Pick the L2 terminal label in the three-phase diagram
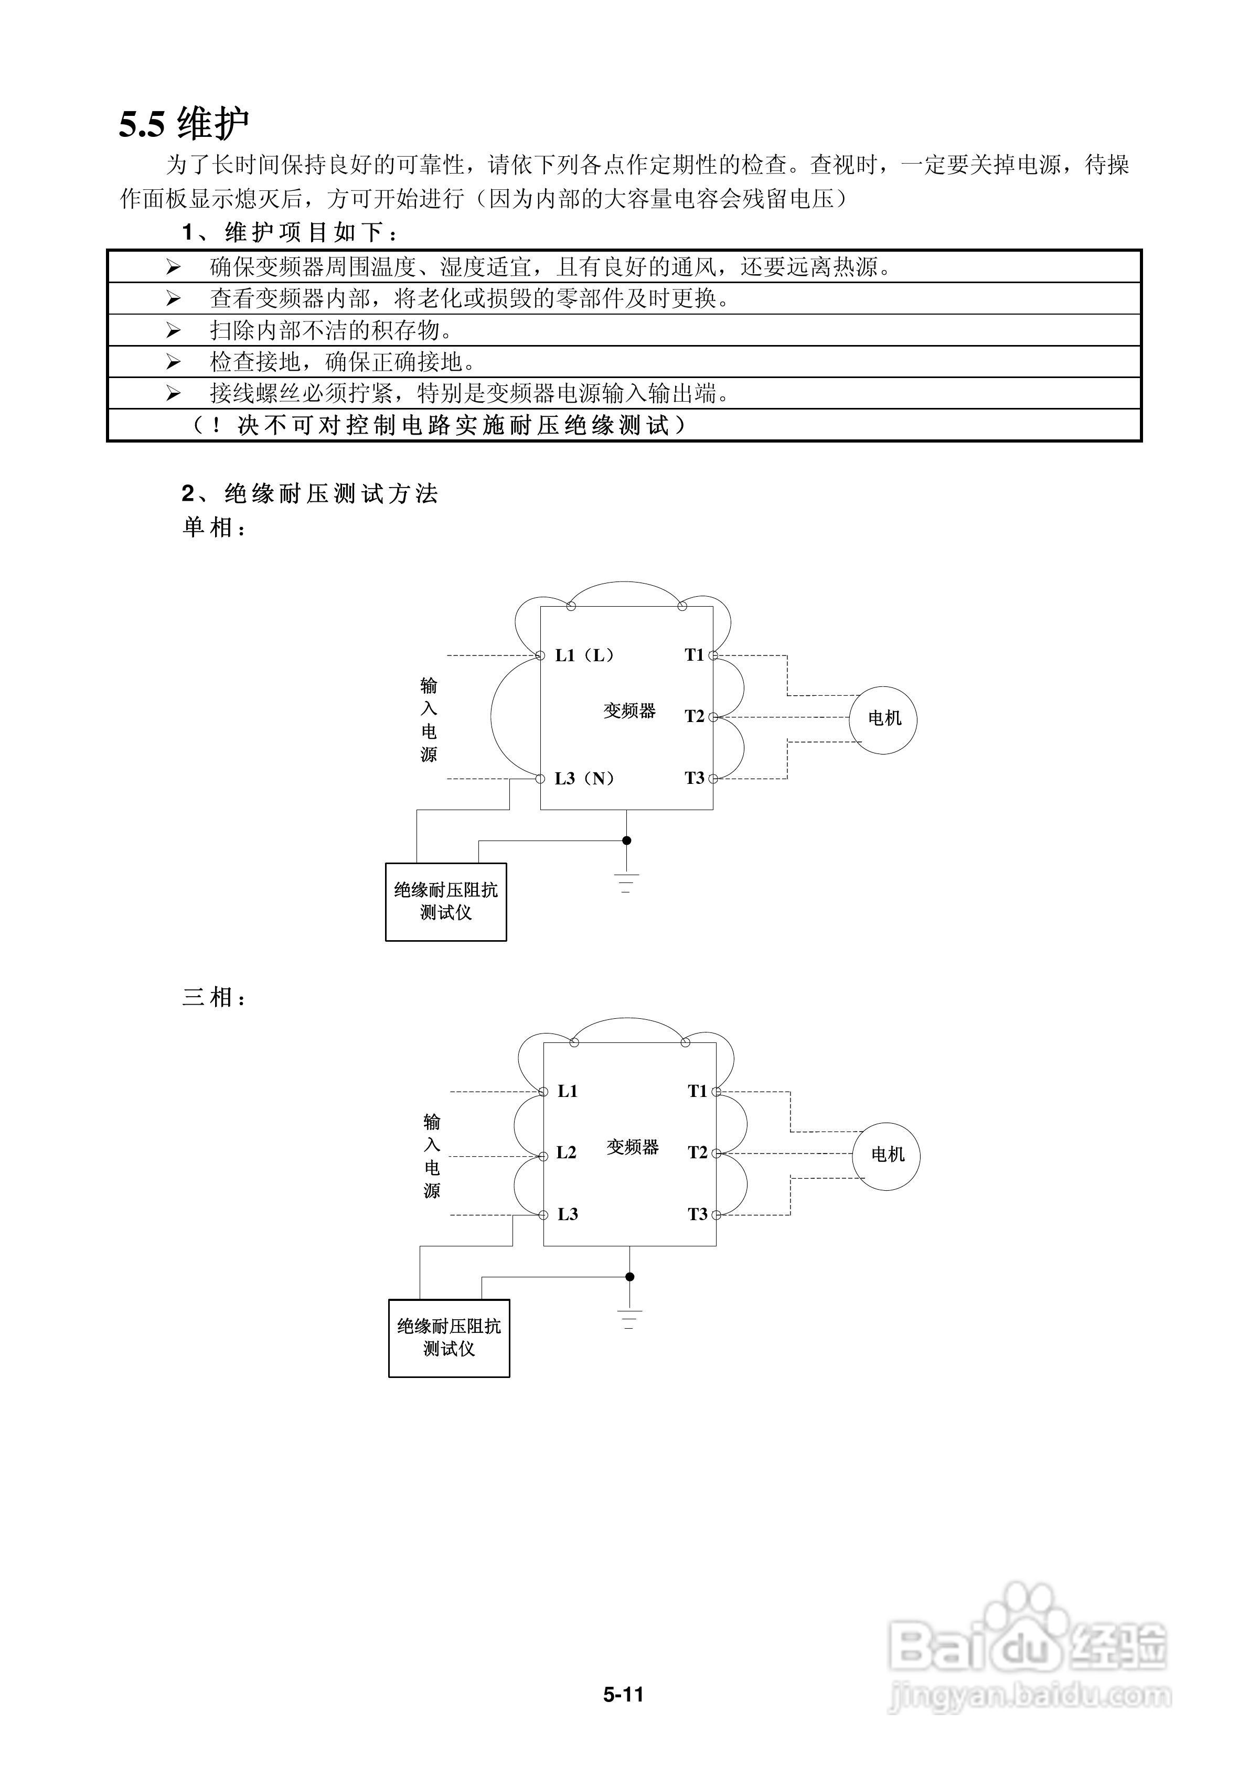click(x=567, y=1152)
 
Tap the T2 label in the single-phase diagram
click(x=694, y=717)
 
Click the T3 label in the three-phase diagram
click(x=697, y=1214)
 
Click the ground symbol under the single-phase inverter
click(x=626, y=883)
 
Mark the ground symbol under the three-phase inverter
click(x=629, y=1320)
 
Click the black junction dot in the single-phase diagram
click(x=626, y=841)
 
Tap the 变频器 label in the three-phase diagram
click(x=633, y=1147)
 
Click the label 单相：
click(x=215, y=527)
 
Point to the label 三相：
click(x=215, y=998)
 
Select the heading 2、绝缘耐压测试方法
click(x=309, y=494)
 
